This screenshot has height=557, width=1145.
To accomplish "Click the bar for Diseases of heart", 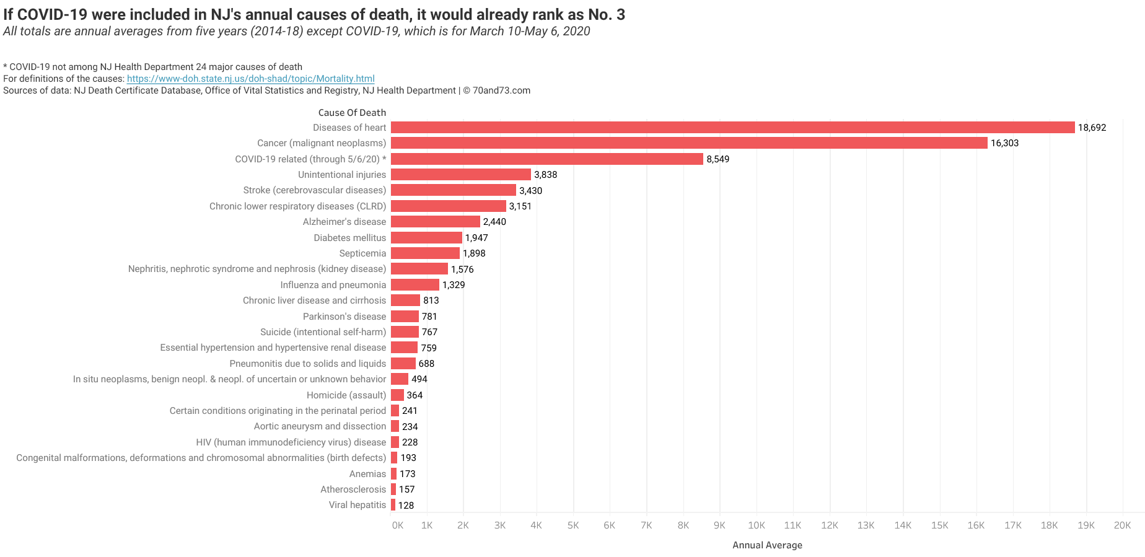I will click(x=732, y=127).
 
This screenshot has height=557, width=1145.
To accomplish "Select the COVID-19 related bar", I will click(x=546, y=159).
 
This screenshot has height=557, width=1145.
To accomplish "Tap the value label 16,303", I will click(x=1004, y=143).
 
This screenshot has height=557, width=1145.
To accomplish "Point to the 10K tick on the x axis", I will click(x=756, y=525).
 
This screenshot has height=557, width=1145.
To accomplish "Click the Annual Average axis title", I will click(x=767, y=545).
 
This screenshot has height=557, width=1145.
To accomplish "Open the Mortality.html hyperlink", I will click(x=250, y=79).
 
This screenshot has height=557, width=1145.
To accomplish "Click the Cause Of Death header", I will click(x=352, y=113).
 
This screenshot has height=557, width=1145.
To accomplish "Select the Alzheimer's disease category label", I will click(x=344, y=222).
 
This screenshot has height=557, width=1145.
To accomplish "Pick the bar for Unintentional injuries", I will click(x=460, y=175).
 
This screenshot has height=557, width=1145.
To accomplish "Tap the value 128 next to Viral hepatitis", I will click(x=406, y=506).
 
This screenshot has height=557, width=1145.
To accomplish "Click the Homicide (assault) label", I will click(x=346, y=395).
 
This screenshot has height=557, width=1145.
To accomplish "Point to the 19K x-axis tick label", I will click(x=1086, y=525).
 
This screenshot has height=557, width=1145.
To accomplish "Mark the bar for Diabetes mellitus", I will click(x=426, y=237).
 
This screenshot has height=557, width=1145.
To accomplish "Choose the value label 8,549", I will click(x=717, y=159).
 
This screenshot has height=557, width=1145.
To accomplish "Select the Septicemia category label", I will click(x=362, y=253).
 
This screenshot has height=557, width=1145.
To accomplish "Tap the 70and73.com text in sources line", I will click(x=501, y=90).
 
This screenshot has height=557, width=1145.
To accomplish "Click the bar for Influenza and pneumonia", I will click(x=415, y=284).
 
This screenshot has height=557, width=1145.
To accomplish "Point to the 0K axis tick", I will click(x=397, y=525).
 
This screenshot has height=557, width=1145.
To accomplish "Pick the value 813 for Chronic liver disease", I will click(x=431, y=300).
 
